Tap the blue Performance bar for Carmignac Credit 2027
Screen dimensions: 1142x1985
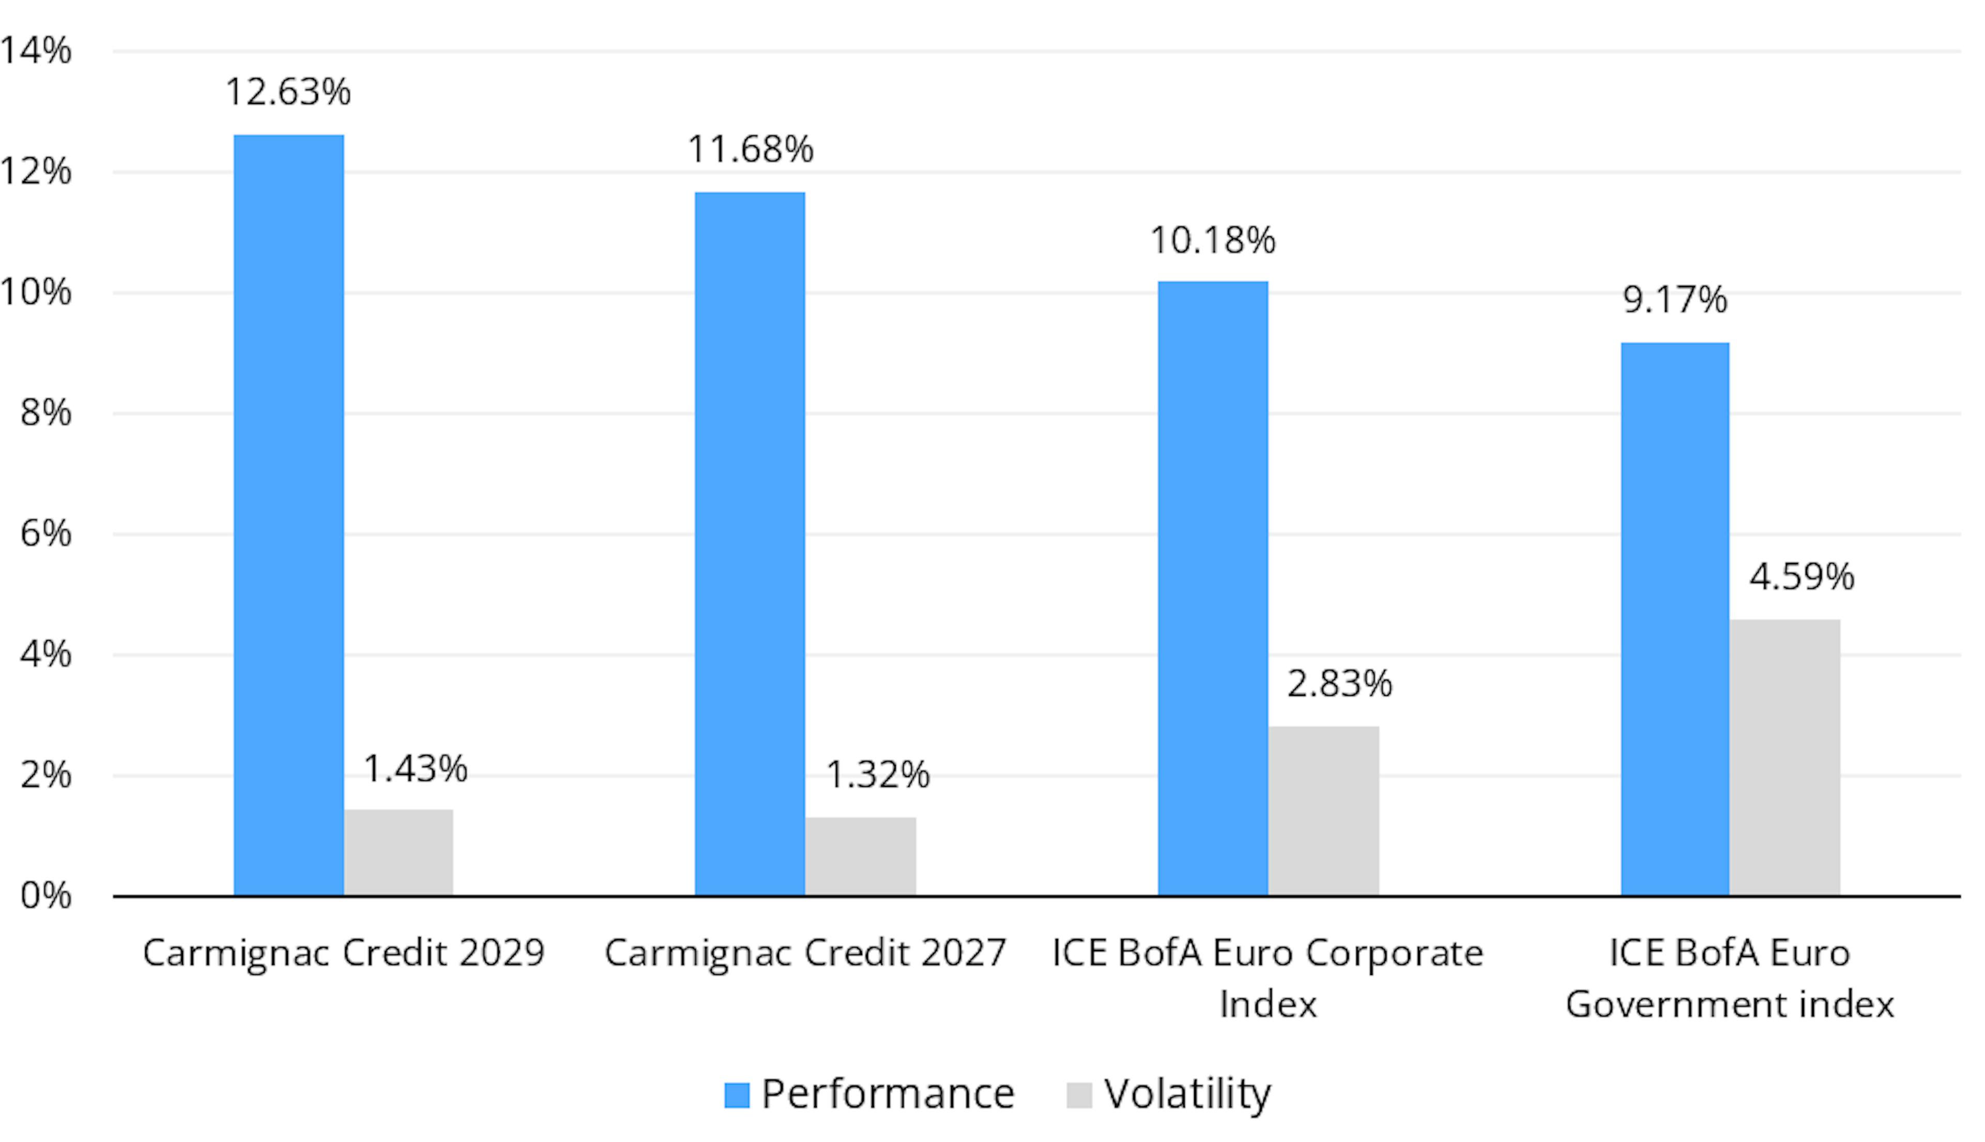pyautogui.click(x=749, y=543)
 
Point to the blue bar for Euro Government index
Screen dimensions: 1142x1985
pyautogui.click(x=1674, y=618)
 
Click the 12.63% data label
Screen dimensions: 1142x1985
pyautogui.click(x=288, y=92)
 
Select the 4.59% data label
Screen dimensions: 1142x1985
pyautogui.click(x=1801, y=576)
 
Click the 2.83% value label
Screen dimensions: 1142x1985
pyautogui.click(x=1339, y=683)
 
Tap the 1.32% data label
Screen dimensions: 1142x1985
pyautogui.click(x=878, y=775)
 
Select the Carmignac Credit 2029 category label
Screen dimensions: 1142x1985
pyautogui.click(x=344, y=953)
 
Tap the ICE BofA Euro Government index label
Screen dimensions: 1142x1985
pyautogui.click(x=1729, y=979)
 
